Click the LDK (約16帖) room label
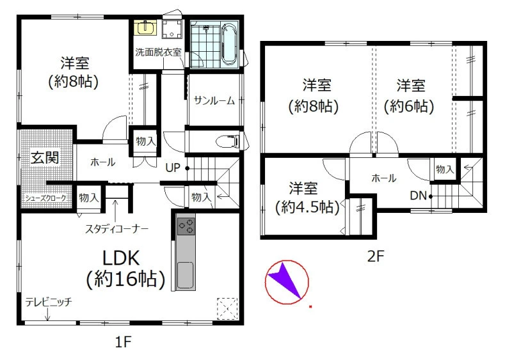click(125, 269)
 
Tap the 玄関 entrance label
click(45, 158)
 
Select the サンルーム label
click(214, 100)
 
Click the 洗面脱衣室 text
click(158, 52)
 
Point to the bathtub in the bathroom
click(229, 44)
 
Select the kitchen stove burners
click(186, 226)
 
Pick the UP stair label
click(173, 168)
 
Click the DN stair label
click(419, 196)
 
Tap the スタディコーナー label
click(116, 229)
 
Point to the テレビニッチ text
click(49, 302)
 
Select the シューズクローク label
click(45, 198)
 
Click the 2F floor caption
click(376, 256)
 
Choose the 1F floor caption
click(123, 342)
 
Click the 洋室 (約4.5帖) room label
click(308, 198)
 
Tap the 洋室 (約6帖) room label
click(410, 97)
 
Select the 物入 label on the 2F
click(445, 169)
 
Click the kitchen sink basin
click(185, 275)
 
